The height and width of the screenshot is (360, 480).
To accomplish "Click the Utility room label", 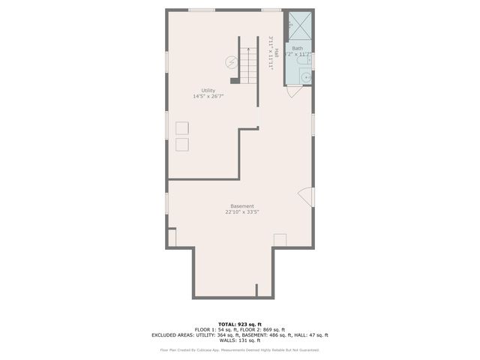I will click(208, 90).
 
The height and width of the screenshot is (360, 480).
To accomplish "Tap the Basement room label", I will click(241, 206).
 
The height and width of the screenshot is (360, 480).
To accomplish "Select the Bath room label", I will click(298, 48).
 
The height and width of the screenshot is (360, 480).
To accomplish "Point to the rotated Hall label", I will click(276, 53).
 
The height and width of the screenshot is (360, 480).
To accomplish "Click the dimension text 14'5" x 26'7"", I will click(208, 96).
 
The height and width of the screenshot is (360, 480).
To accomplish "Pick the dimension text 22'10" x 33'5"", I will click(241, 212).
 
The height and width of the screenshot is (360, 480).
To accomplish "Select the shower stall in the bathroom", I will click(298, 27).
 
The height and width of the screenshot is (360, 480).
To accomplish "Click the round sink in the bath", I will click(306, 76).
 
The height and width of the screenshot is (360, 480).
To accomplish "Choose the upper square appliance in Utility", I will click(182, 127).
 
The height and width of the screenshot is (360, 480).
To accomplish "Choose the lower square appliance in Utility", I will click(182, 143).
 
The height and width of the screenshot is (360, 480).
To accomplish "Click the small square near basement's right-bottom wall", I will click(280, 239).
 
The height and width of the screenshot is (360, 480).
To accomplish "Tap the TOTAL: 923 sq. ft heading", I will click(241, 324).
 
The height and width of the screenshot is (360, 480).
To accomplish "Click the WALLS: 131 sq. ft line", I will click(241, 340).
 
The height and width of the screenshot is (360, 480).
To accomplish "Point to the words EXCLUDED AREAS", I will click(172, 335).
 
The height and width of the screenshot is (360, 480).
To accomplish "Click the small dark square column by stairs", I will click(235, 80).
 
